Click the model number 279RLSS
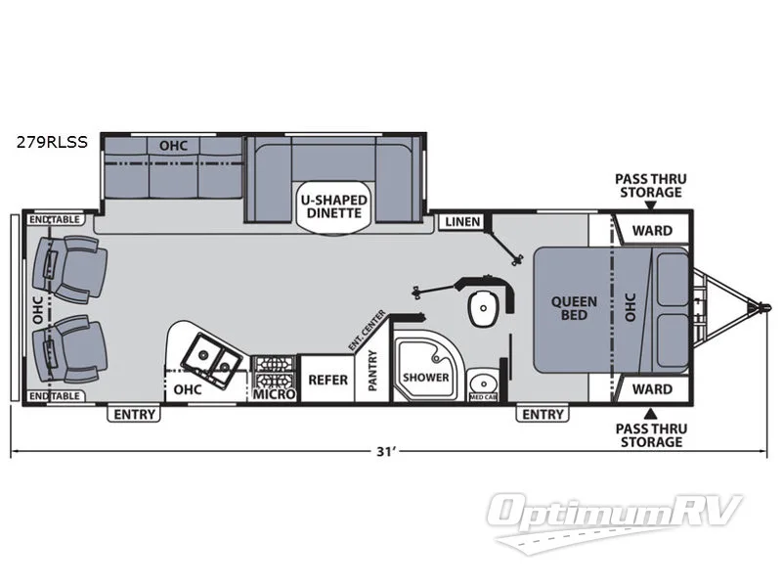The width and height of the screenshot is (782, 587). (x=51, y=142)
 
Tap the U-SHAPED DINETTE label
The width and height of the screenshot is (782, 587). (x=333, y=206)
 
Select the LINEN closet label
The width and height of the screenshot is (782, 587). (x=462, y=222)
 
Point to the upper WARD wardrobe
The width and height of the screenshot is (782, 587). (x=651, y=231)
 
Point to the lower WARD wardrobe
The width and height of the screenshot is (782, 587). (x=651, y=388)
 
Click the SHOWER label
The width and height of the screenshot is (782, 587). (x=425, y=377)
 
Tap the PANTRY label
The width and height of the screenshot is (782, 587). (x=373, y=373)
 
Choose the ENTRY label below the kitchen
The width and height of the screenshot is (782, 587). (x=134, y=414)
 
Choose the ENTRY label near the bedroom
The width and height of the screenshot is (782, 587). (x=543, y=414)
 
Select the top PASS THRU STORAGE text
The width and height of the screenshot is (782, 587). (x=648, y=185)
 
